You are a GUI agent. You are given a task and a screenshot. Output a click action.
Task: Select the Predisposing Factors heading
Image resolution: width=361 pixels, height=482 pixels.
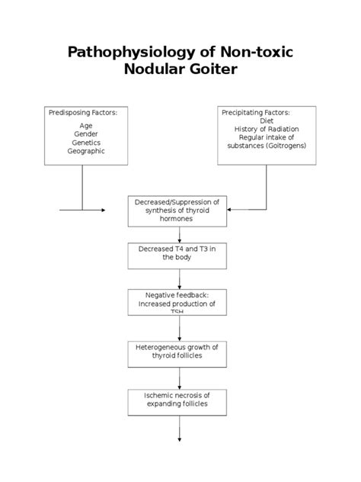88,112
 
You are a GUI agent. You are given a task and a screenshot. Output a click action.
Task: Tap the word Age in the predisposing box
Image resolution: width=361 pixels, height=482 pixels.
85,125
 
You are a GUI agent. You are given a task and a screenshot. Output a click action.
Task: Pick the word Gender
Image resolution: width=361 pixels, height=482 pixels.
85,133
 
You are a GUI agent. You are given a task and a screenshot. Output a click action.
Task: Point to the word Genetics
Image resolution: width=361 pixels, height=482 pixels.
86,142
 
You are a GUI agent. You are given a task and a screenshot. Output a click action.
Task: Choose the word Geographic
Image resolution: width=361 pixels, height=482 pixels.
85,150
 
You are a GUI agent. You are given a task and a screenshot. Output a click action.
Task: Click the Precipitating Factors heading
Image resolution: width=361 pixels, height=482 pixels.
256,112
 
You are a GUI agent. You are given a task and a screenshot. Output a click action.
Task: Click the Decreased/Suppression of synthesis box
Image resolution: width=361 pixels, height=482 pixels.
177,210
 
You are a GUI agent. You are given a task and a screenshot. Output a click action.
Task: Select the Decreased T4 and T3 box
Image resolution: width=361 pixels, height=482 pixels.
177,254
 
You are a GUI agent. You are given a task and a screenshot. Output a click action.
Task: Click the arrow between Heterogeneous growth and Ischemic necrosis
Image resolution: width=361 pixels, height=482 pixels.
180,378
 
